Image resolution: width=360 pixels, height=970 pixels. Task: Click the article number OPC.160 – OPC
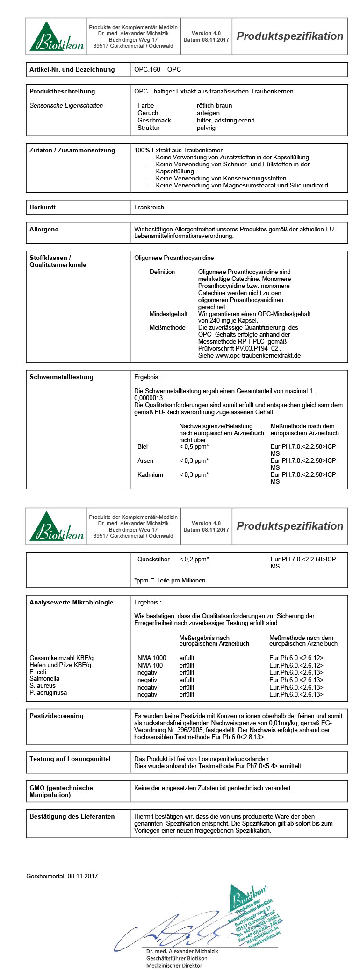coord(158,69)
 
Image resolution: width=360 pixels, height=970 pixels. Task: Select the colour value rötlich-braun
coord(214,105)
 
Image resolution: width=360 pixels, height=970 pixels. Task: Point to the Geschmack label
coord(154,120)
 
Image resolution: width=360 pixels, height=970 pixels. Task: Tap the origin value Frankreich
coord(149,207)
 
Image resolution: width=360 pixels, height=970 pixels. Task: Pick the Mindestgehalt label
coord(168,314)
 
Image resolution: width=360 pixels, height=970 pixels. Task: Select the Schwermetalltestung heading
coord(61,377)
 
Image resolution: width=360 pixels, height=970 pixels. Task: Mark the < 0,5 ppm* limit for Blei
coord(194,446)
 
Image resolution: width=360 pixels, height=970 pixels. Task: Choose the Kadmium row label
coord(150,474)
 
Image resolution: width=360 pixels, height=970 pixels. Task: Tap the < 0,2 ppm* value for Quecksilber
coord(194,559)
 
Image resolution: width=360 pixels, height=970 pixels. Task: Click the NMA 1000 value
coord(151,658)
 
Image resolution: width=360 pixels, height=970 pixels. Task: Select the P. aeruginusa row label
coord(48,692)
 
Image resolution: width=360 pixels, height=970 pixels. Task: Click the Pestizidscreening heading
coord(56,716)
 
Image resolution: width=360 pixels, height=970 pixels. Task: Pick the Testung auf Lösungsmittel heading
coord(70,759)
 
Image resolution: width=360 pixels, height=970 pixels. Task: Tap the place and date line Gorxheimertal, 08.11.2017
coord(62,876)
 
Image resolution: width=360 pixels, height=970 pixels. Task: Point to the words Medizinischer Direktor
coord(174,965)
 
